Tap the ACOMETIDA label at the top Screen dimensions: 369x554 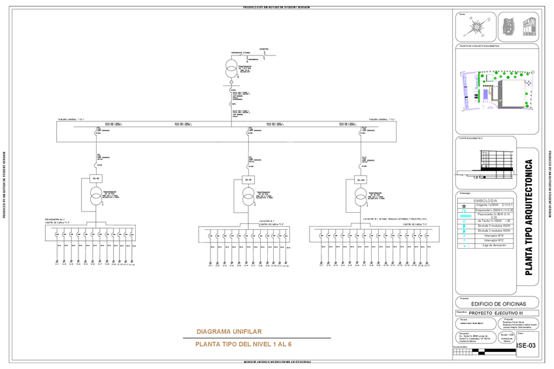pos(263,49)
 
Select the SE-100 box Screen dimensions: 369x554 pos(361,180)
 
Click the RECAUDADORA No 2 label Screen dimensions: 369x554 pos(56,220)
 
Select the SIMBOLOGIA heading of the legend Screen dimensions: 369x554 pos(498,200)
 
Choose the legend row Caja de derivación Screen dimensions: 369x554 pos(495,245)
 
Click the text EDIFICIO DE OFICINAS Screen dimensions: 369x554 pos(498,304)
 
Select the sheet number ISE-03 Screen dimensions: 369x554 pos(526,345)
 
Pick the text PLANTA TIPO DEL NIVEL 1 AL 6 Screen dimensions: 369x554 pos(243,344)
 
